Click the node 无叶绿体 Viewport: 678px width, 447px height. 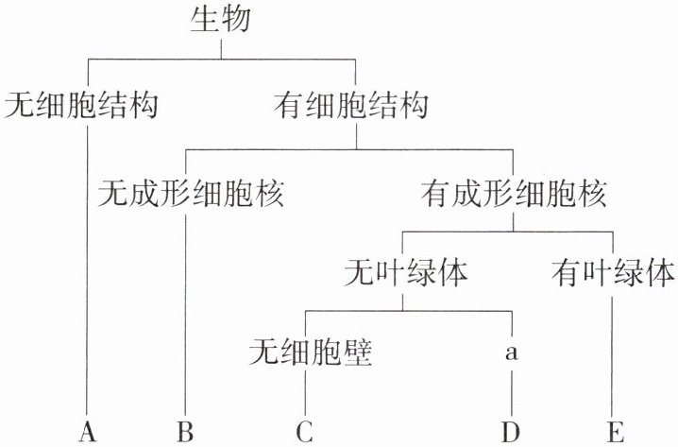407,273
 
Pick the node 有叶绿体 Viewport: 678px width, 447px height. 614,273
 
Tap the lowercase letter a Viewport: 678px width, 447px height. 512,352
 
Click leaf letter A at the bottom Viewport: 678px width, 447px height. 89,432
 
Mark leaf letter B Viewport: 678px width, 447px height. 185,432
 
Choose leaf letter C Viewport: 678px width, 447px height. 304,432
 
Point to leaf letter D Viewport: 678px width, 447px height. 512,432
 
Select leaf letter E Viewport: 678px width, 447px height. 616,432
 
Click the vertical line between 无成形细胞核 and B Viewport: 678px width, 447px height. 185,312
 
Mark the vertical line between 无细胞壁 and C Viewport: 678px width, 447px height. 304,392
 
